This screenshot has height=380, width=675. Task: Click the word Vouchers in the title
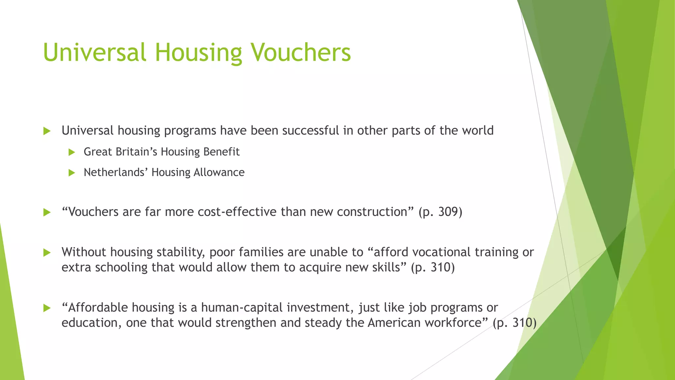click(301, 52)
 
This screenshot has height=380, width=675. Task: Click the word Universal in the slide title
click(94, 52)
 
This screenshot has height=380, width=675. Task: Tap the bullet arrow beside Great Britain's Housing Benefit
click(72, 152)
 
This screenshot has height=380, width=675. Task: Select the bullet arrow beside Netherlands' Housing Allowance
click(72, 173)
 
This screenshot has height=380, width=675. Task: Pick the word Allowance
click(219, 172)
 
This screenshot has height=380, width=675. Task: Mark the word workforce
click(454, 323)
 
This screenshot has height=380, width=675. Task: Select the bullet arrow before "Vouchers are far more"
click(47, 212)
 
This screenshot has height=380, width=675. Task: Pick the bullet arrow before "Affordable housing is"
click(47, 308)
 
